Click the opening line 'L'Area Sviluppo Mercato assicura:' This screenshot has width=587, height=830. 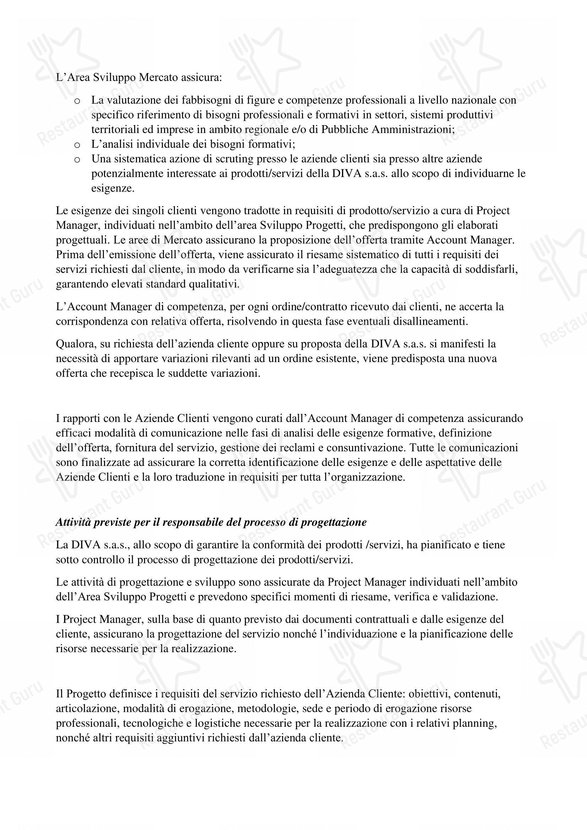tap(139, 77)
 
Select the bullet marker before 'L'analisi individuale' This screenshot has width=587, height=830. tap(77, 145)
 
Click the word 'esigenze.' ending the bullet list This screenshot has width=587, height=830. tap(113, 188)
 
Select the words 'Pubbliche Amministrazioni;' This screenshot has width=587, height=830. tap(388, 130)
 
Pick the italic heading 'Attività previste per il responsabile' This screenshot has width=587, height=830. tap(211, 522)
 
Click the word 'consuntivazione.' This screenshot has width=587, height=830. tap(367, 447)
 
